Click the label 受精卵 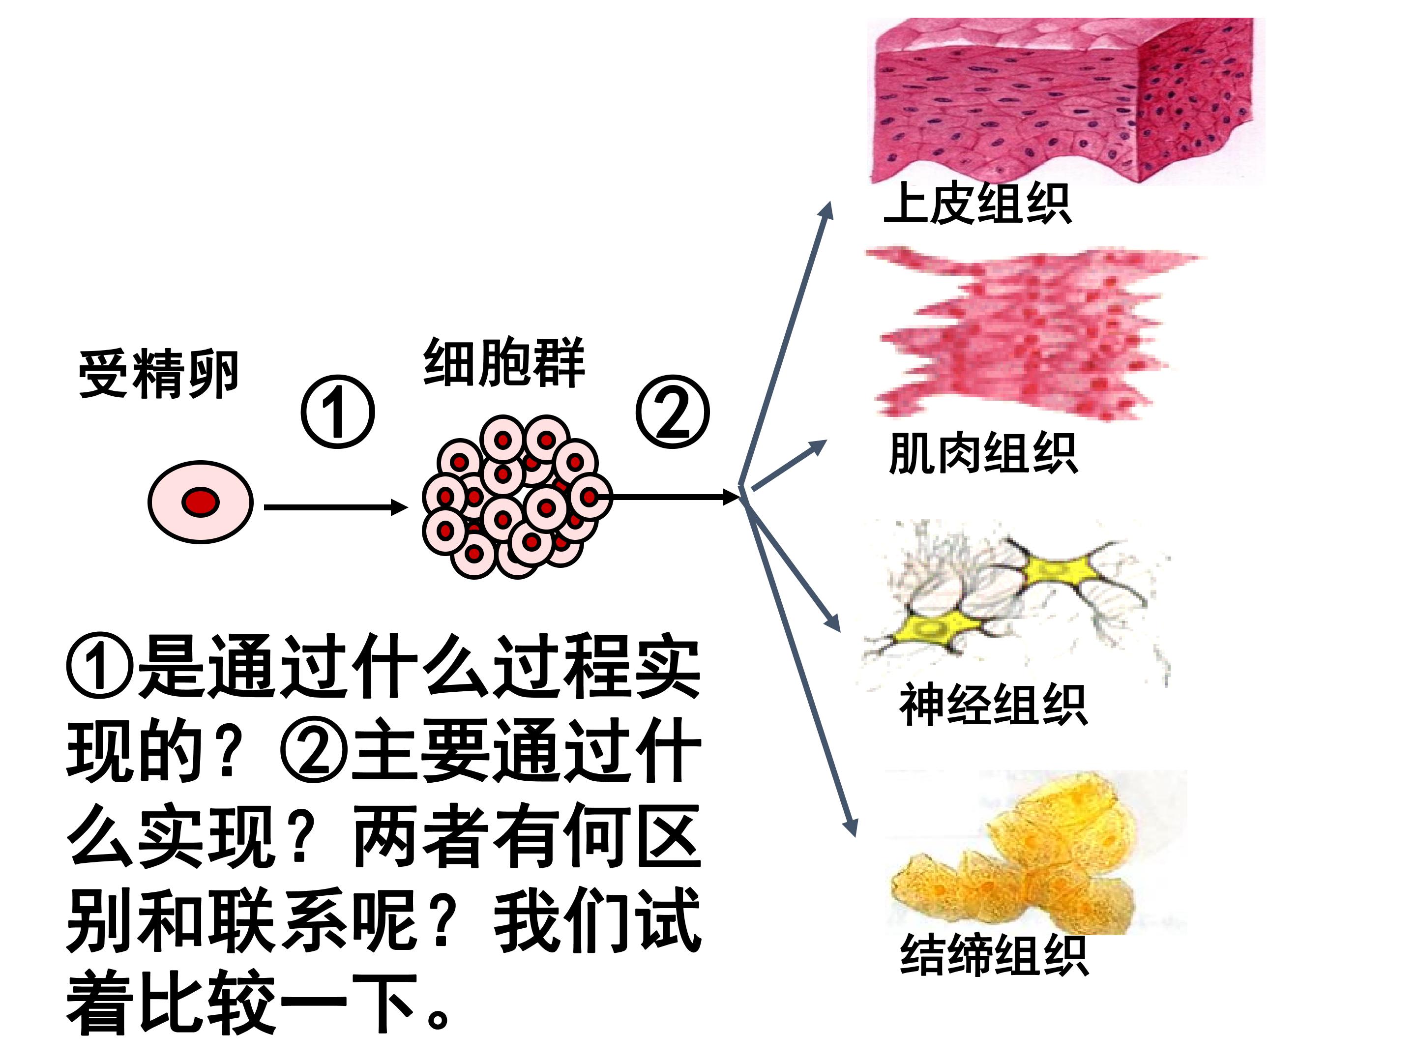[x=158, y=375]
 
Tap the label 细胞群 [x=504, y=362]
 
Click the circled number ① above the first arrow [x=338, y=412]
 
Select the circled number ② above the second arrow [x=673, y=412]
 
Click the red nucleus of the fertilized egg [x=201, y=502]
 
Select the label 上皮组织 [x=977, y=204]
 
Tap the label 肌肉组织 [x=983, y=453]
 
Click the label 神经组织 [x=994, y=704]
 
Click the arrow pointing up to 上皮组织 [x=785, y=344]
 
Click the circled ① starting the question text [x=99, y=666]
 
